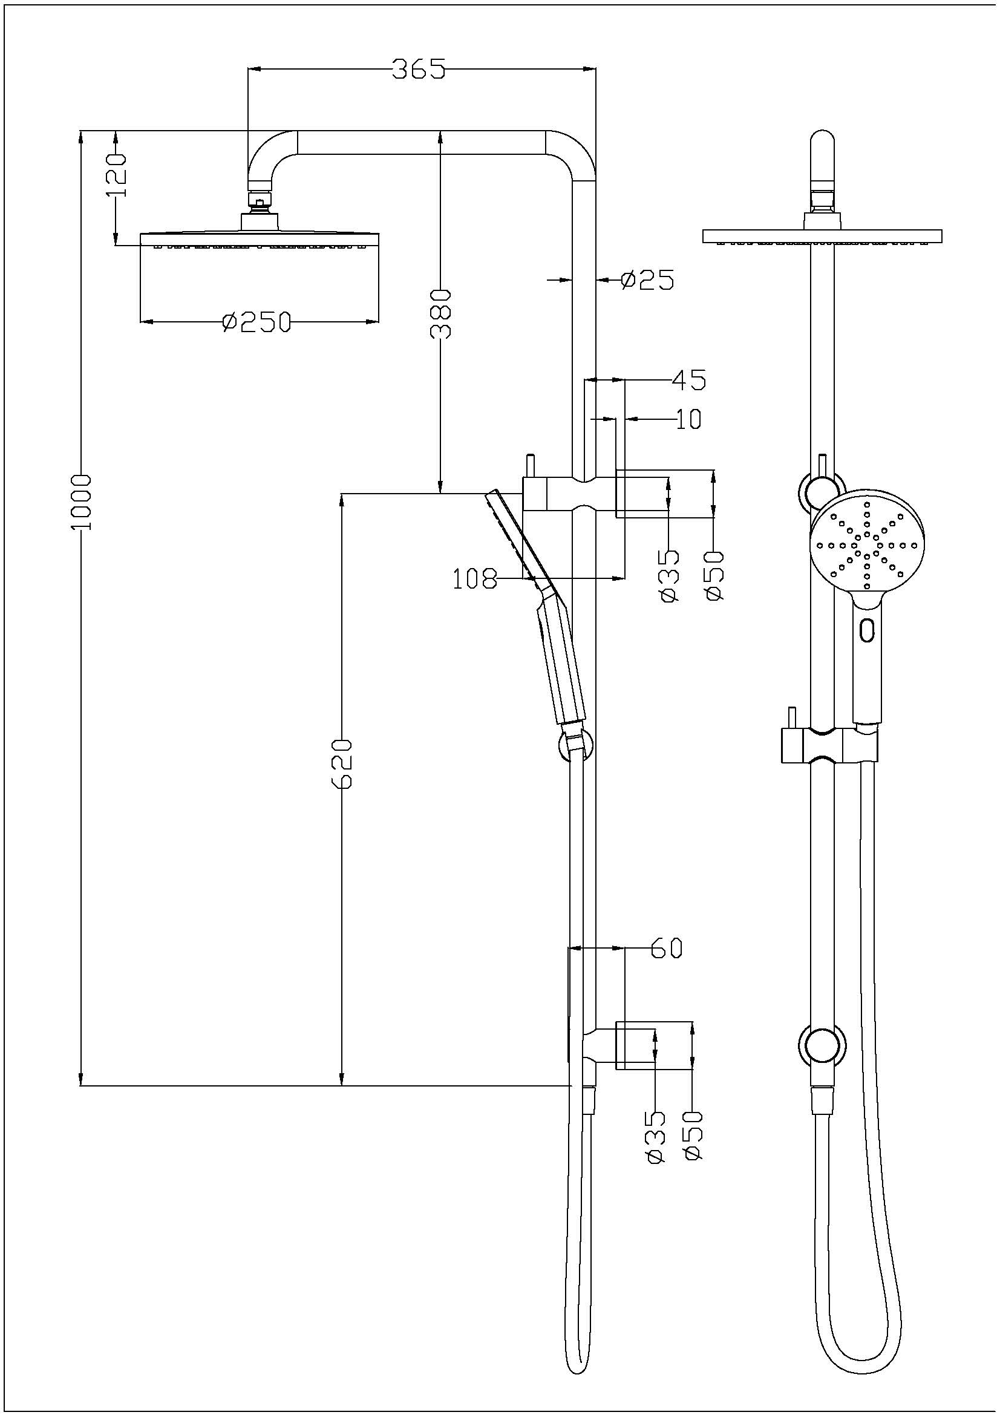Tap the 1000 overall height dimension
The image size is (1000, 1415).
pyautogui.click(x=81, y=502)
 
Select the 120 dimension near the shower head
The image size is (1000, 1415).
pyautogui.click(x=116, y=175)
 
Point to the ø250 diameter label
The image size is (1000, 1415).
pyautogui.click(x=256, y=322)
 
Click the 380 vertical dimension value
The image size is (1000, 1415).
pyautogui.click(x=441, y=314)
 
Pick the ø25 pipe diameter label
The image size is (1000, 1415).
pyautogui.click(x=647, y=280)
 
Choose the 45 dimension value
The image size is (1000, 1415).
pyautogui.click(x=688, y=381)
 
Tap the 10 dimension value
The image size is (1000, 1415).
pyautogui.click(x=689, y=419)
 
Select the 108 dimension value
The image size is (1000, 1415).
pyautogui.click(x=475, y=580)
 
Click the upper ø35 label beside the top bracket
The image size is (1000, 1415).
pyautogui.click(x=669, y=577)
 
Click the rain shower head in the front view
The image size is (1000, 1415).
pyautogui.click(x=822, y=235)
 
